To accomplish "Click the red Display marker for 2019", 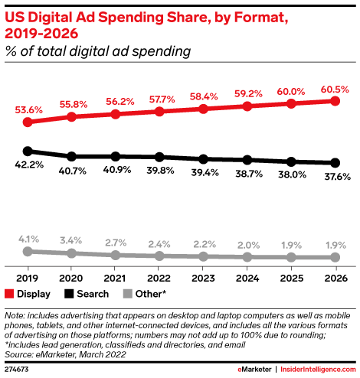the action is click(28, 122).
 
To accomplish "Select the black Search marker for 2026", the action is click(335, 163).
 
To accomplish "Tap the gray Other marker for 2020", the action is click(71, 253).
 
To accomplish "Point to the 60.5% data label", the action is click(335, 90).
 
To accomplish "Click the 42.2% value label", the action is click(29, 165).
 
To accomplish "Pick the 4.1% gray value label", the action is click(28, 240).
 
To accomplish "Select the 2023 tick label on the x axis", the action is click(203, 279).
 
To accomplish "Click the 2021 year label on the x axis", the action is click(115, 279).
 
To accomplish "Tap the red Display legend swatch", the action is click(9, 294).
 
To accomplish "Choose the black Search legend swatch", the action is click(69, 294).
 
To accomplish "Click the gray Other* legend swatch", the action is click(127, 294).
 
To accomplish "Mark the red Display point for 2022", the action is click(159, 112).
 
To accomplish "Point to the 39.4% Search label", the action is click(205, 173).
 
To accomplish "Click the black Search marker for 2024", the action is click(247, 160).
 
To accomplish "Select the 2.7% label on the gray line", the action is click(116, 243).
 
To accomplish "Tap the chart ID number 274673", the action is click(17, 370).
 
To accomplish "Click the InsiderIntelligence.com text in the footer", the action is click(318, 370).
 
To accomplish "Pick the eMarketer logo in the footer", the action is click(254, 370).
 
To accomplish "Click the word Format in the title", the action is click(261, 18).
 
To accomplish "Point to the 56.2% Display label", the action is click(120, 102).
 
